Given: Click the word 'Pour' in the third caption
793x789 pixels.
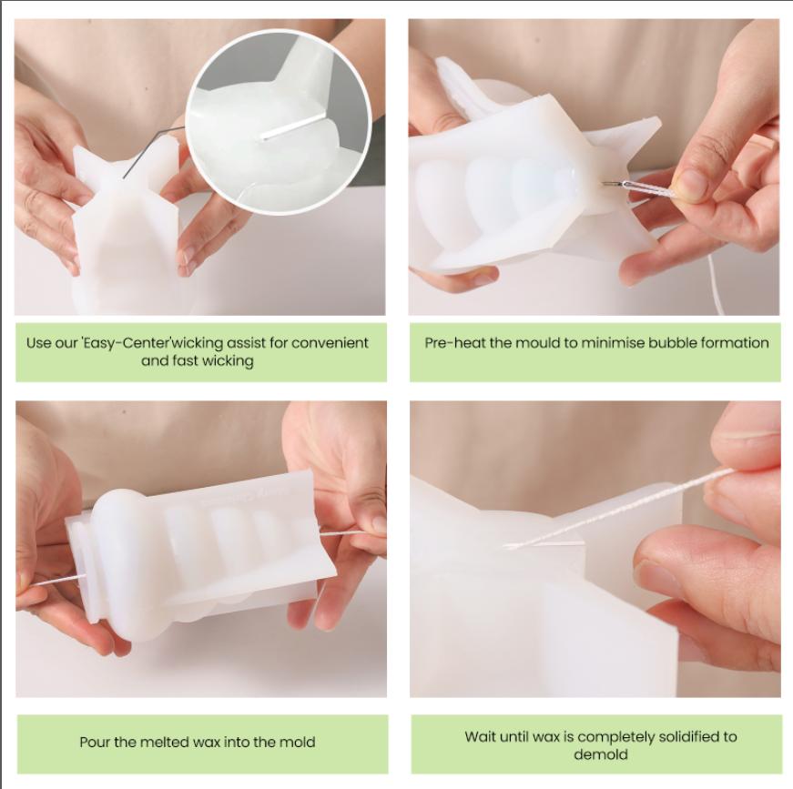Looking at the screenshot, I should pos(96,743).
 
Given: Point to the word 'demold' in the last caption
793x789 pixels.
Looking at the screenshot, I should pos(601,754).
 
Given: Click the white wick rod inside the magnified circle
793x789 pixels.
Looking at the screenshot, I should pos(293,126).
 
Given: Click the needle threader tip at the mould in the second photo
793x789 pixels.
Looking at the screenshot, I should pos(608,185).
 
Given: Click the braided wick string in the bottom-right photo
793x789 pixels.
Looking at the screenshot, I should pos(628,511).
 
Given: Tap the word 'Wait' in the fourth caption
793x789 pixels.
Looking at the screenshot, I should pos(483,736).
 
